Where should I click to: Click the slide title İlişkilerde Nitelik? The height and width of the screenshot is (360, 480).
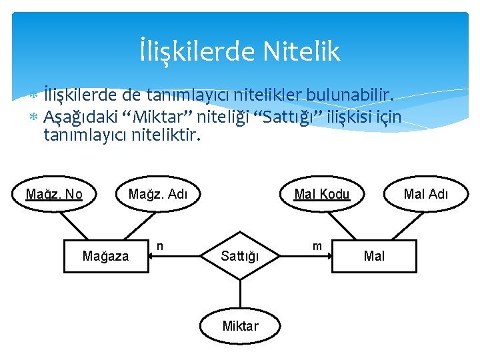pyautogui.click(x=240, y=51)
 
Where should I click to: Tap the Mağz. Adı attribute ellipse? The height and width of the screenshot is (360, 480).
pyautogui.click(x=157, y=194)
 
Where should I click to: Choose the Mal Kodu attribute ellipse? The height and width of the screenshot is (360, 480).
pyautogui.click(x=322, y=194)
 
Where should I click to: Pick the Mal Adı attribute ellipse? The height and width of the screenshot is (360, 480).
pyautogui.click(x=427, y=194)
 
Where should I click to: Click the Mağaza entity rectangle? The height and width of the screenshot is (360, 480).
pyautogui.click(x=105, y=256)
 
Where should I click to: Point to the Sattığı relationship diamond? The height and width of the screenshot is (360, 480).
pyautogui.click(x=240, y=256)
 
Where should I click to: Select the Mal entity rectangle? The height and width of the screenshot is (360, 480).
pyautogui.click(x=374, y=256)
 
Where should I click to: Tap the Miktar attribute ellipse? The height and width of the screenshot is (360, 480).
pyautogui.click(x=240, y=326)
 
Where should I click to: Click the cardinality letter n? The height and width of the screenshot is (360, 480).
pyautogui.click(x=160, y=247)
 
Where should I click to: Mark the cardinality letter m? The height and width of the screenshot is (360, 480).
pyautogui.click(x=317, y=247)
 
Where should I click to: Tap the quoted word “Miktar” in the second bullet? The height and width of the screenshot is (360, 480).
pyautogui.click(x=163, y=118)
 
